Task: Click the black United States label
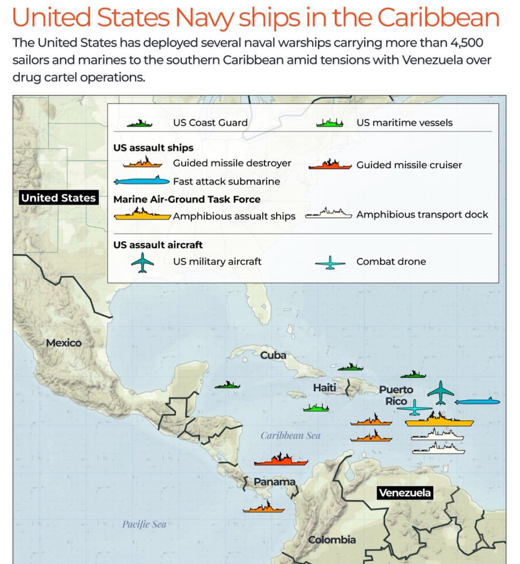coord(58,198)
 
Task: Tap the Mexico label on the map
coord(64,343)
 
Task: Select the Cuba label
coord(273,355)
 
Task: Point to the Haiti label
coord(324,387)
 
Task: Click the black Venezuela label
coord(404,493)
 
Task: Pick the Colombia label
coord(332,540)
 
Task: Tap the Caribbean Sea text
coord(291,436)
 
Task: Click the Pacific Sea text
coord(144,524)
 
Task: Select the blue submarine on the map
coord(477,401)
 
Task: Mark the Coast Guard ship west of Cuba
coord(227,384)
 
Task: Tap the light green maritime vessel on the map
coord(315,407)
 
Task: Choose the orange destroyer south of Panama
coord(263,508)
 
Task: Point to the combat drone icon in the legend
coord(331,263)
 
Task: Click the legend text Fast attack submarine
coord(226,181)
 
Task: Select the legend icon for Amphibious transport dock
coord(328,214)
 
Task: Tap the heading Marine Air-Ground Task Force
coord(187,199)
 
